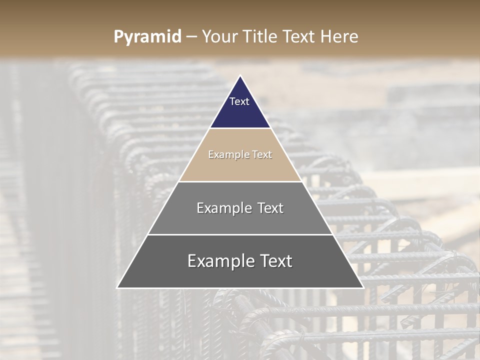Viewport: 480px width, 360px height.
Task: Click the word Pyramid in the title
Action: pos(147,37)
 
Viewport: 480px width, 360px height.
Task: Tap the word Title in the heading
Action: pos(260,37)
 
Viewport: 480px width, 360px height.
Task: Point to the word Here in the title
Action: pos(339,37)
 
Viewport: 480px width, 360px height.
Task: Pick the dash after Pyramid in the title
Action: pos(191,37)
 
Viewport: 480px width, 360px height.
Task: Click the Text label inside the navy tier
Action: pos(239,101)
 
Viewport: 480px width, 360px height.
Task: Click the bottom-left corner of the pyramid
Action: pos(118,287)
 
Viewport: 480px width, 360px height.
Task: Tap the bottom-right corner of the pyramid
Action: pos(362,287)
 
